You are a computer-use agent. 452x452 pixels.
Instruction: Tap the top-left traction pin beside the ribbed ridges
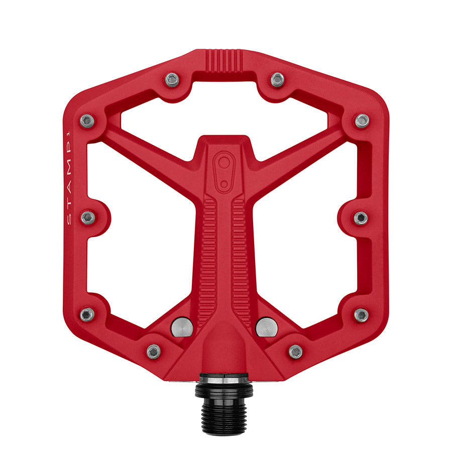point(172,79)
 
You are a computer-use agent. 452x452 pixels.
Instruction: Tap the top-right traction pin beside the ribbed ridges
point(277,79)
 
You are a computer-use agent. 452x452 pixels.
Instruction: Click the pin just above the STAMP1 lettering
point(87,121)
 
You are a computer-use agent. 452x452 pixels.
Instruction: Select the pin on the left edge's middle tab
point(88,217)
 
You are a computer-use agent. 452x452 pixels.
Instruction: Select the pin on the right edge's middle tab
point(361,217)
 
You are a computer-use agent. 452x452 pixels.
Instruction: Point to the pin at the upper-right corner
point(362,121)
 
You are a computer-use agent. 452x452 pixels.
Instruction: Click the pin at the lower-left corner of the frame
point(87,314)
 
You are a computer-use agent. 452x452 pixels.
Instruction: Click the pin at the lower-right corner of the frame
point(361,315)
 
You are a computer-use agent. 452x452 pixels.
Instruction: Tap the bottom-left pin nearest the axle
point(154,351)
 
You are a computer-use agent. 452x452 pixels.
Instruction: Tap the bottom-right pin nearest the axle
point(295,351)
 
